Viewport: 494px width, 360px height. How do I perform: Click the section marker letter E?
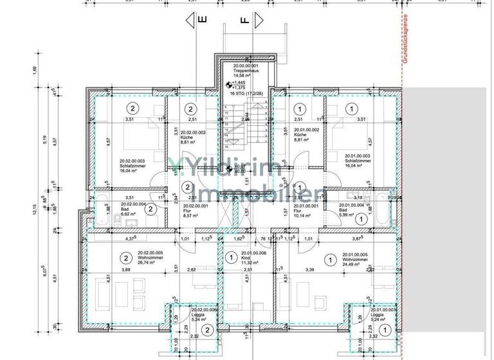[201, 20]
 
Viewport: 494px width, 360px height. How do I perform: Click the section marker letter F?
[244, 20]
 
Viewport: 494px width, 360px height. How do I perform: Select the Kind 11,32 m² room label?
[248, 258]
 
